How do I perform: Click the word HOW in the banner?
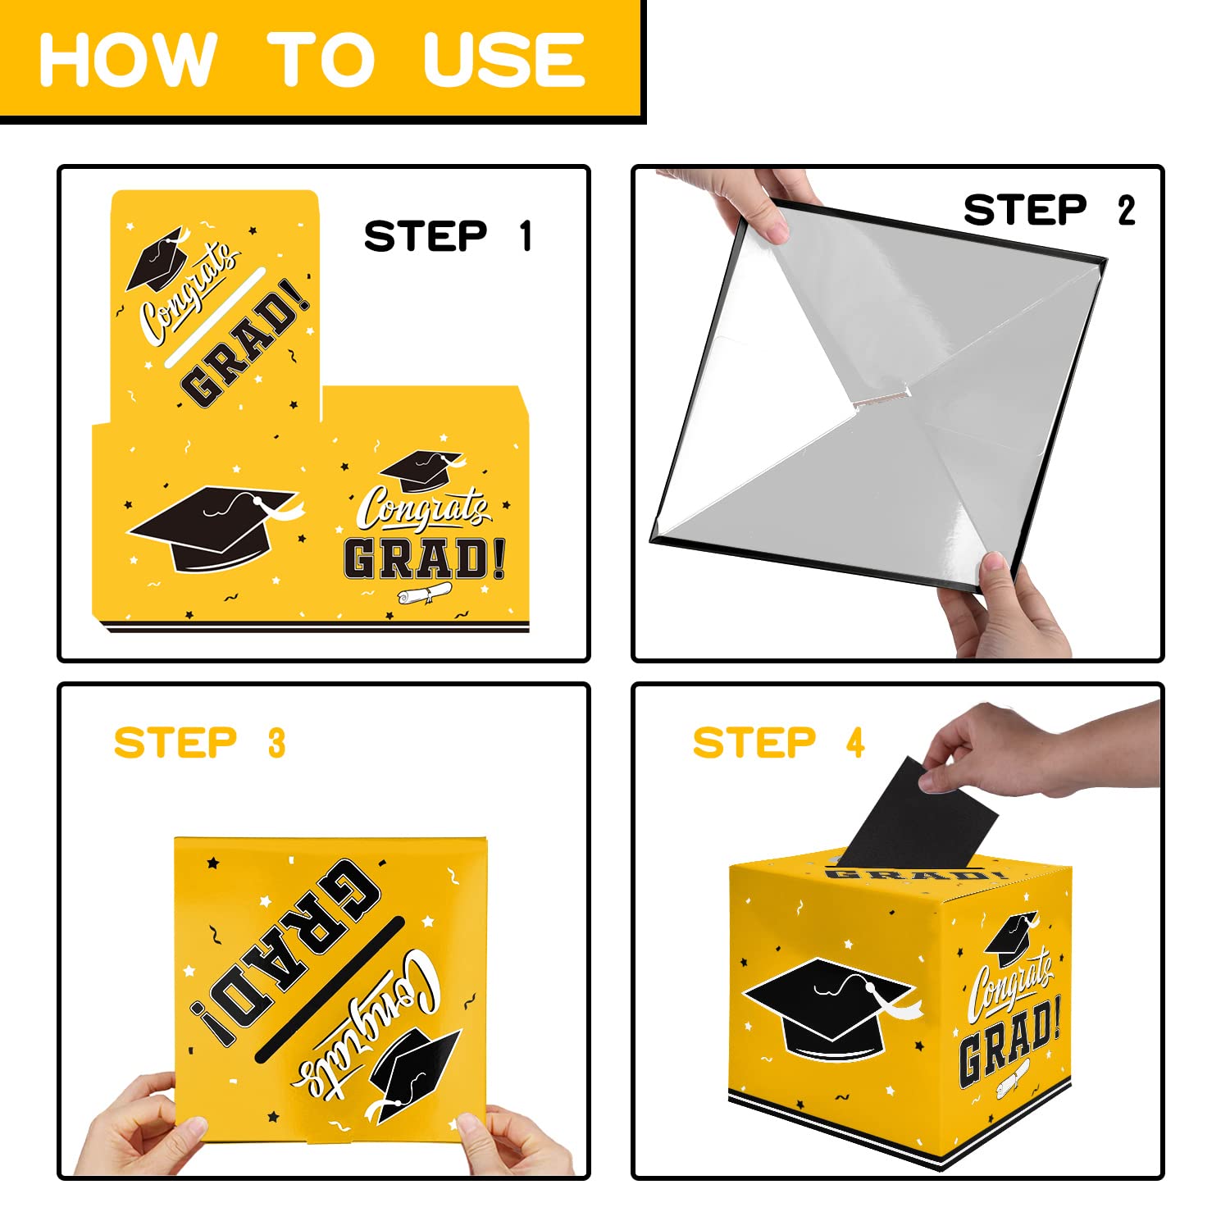coord(127,59)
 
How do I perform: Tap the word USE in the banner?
coord(504,59)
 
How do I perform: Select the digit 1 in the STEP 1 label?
coord(526,236)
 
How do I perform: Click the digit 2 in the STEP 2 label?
coord(1127,210)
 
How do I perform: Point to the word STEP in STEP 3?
coord(175,743)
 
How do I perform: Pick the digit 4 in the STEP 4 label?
coord(855,743)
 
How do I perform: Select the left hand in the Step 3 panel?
coord(135,1127)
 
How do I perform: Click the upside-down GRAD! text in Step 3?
coord(287,951)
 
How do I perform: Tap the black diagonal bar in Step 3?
coord(330,989)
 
